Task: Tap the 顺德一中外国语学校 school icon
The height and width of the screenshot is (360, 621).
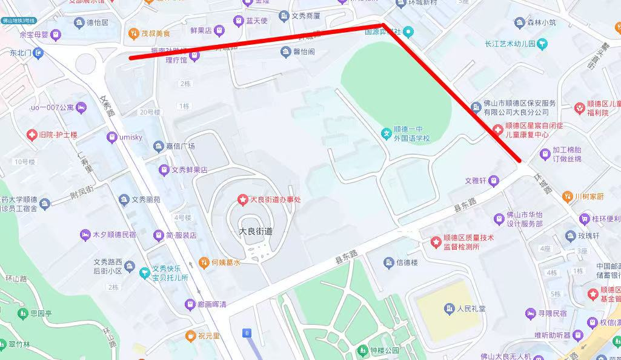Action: click(x=386, y=133)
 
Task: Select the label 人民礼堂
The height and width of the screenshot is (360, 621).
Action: click(x=472, y=308)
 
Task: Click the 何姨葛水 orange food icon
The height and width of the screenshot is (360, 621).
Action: click(x=204, y=262)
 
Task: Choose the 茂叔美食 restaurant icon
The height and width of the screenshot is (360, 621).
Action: click(x=133, y=33)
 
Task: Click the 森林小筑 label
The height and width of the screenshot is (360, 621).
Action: click(x=541, y=23)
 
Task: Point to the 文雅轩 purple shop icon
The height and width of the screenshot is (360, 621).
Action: click(x=494, y=181)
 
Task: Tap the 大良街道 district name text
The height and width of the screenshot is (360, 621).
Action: click(x=256, y=231)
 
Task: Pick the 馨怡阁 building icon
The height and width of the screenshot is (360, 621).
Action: click(x=286, y=52)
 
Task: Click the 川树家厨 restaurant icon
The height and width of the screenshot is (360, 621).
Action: click(x=567, y=196)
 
